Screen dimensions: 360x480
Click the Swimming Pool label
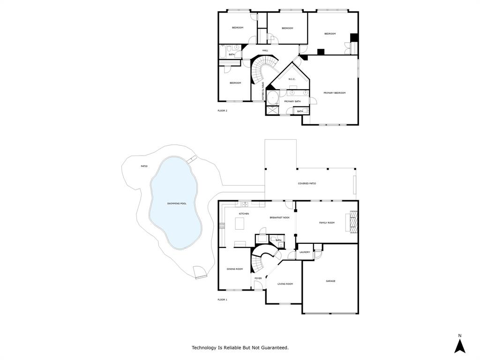coord(177,203)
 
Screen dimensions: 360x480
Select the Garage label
coord(330,281)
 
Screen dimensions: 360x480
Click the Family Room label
coord(327,223)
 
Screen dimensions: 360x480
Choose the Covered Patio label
coord(307,183)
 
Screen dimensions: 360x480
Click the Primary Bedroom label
coord(334,93)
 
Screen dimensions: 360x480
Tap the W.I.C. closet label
coord(291,79)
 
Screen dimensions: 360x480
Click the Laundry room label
coord(305,252)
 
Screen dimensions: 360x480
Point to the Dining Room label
coord(235,269)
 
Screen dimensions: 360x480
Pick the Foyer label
coord(258,278)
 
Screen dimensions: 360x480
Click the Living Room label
coord(285,284)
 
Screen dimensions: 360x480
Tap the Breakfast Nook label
coord(279,217)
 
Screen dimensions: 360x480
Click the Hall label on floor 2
coord(265,50)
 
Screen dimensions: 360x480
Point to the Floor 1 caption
coord(222,300)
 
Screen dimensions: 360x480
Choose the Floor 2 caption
coord(222,111)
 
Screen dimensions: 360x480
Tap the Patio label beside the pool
coord(144,166)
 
